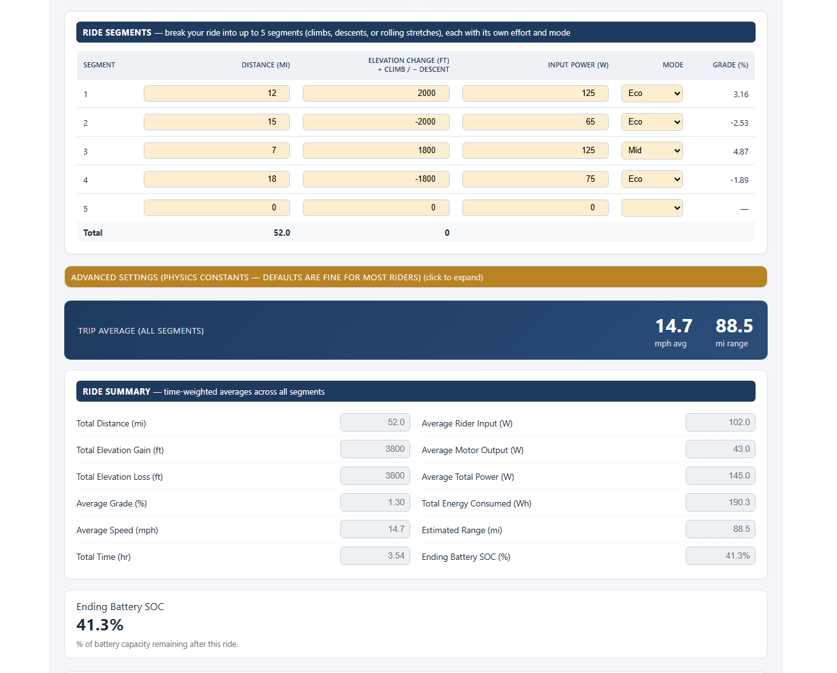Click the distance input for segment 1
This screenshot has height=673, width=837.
[217, 93]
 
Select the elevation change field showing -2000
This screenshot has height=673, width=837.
[376, 122]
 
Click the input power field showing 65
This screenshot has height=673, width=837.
[535, 122]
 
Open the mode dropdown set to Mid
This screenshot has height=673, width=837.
[652, 151]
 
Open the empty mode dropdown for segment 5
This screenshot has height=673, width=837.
[652, 208]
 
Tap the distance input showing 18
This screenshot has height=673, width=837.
[217, 179]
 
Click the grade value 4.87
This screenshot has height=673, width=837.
[740, 151]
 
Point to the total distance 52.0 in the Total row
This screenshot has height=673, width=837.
[282, 233]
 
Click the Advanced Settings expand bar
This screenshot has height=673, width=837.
[416, 277]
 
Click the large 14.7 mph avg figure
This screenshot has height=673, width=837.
[674, 326]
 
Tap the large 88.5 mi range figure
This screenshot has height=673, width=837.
[734, 326]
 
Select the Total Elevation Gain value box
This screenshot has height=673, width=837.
[375, 449]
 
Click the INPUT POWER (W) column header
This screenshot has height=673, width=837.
[578, 65]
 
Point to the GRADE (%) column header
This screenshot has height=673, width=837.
[730, 65]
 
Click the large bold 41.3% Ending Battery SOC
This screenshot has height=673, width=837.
[100, 625]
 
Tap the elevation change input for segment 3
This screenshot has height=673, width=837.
[376, 151]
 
